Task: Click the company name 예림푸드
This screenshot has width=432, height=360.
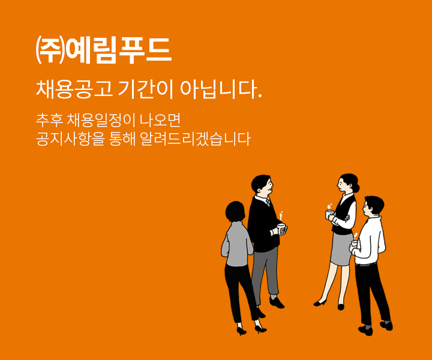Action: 119,50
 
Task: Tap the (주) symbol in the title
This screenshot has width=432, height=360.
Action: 50,50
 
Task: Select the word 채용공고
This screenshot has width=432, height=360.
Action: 74,89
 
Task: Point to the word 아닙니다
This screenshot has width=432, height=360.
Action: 221,89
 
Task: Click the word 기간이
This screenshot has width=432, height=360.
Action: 146,89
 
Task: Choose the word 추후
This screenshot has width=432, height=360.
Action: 50,121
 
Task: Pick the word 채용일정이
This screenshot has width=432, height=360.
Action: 101,121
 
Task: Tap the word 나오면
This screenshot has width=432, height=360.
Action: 160,121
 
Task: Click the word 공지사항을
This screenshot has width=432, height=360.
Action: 70,139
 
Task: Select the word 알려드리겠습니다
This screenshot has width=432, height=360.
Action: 195,139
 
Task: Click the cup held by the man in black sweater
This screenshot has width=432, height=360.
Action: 281,229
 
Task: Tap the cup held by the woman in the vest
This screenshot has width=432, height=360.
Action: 329,214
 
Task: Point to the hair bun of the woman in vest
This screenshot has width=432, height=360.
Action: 356,188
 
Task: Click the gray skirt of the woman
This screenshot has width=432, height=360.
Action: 341,249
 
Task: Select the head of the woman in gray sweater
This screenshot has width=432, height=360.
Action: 235,212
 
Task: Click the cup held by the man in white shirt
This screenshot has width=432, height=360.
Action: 355,244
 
